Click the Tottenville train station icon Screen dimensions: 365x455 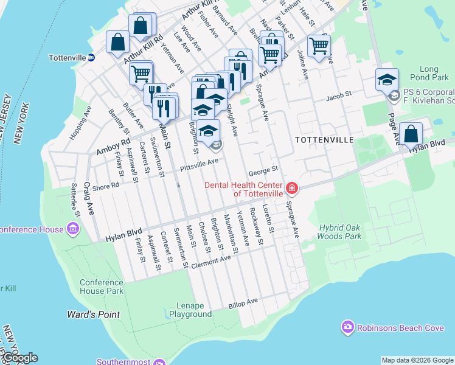91,58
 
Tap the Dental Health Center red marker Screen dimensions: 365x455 293,189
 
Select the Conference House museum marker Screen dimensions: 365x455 74,229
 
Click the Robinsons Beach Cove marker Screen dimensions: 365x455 348,328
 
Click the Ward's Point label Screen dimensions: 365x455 93,315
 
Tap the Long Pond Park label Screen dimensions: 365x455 434,74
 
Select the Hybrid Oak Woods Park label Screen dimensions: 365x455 340,232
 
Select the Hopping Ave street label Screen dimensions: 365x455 80,123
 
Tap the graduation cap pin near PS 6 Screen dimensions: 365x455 387,80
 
